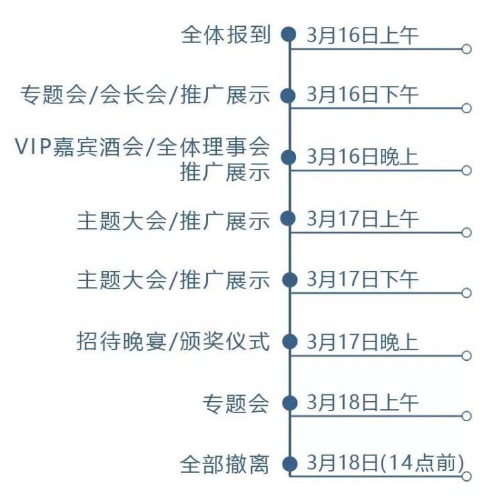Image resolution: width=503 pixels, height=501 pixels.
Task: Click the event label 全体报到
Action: tap(226, 34)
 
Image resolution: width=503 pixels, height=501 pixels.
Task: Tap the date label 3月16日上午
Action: tap(363, 34)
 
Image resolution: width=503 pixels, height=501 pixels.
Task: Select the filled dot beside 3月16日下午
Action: tap(289, 95)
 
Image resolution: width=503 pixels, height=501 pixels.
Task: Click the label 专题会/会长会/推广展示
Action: tap(145, 95)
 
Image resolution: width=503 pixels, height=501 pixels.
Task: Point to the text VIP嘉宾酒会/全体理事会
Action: tap(142, 146)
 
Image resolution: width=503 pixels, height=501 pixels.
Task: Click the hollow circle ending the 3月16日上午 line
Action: tap(467, 49)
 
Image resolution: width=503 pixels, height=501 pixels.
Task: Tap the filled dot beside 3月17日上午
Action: tap(289, 219)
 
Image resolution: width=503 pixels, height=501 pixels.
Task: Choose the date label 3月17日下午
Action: tap(363, 280)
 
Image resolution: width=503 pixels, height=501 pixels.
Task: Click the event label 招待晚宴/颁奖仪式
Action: tap(173, 342)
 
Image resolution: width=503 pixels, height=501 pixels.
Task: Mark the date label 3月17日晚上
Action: tap(363, 342)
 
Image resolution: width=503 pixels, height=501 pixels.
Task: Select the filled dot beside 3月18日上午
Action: tap(289, 403)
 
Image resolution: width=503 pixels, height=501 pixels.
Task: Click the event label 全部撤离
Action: tap(225, 464)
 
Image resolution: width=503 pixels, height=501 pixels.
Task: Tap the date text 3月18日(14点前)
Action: tap(385, 463)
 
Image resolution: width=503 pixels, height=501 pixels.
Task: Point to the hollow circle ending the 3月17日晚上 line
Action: tap(467, 355)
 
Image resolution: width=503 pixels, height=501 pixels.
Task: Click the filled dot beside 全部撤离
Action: tap(289, 463)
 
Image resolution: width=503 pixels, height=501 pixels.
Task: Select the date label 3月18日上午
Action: tap(363, 403)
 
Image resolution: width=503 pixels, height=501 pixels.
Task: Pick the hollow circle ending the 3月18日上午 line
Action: tap(467, 416)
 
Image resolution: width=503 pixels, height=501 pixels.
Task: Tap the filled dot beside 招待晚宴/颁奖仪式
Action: tap(289, 342)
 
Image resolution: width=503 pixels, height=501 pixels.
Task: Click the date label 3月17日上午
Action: tap(363, 219)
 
